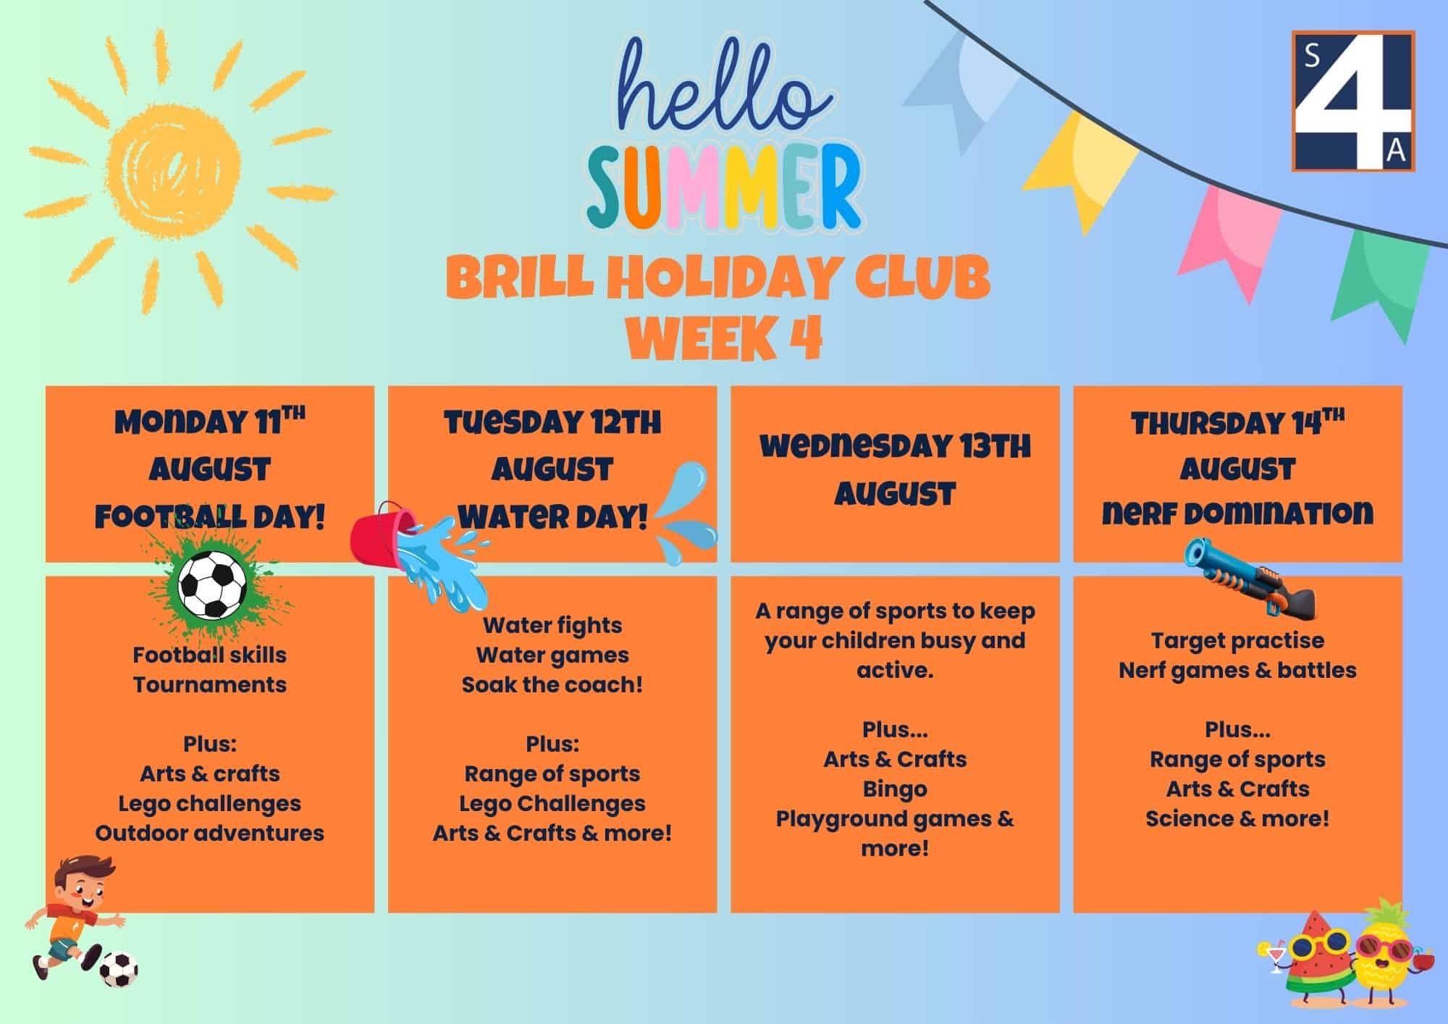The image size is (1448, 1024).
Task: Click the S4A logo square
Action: [x=1352, y=101]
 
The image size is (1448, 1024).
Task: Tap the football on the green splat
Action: [x=212, y=584]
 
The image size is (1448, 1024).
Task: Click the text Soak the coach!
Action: [x=552, y=684]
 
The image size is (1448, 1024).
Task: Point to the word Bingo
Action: [x=895, y=789]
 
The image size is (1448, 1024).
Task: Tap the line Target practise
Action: [x=1237, y=641]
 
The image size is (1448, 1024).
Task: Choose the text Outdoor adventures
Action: [x=210, y=833]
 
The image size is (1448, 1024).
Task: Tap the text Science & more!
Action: [x=1237, y=819]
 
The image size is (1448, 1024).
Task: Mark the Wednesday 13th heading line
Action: [x=896, y=447]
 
